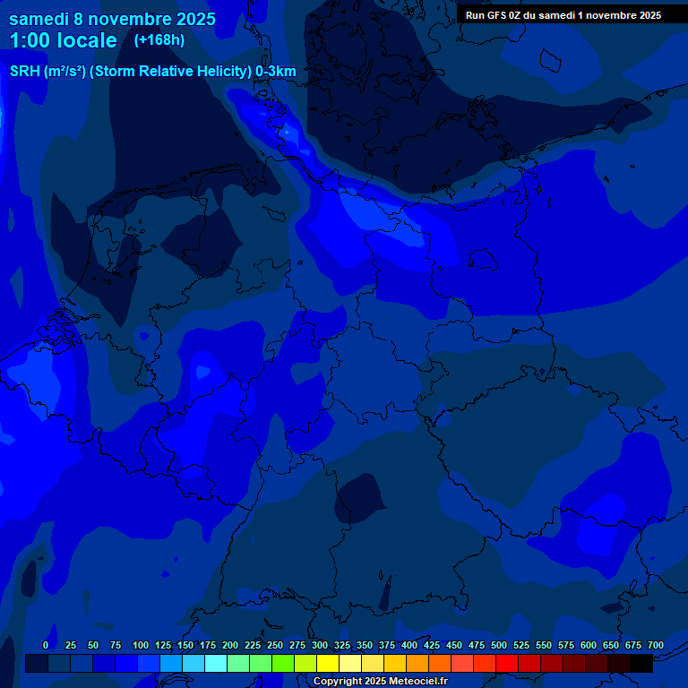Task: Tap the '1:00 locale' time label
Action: pyautogui.click(x=63, y=40)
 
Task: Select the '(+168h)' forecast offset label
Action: pyautogui.click(x=159, y=39)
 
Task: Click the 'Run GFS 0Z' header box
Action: pyautogui.click(x=563, y=15)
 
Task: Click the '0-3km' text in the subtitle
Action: pyautogui.click(x=276, y=72)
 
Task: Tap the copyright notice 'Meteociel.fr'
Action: pyautogui.click(x=380, y=682)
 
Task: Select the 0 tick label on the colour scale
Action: pyautogui.click(x=46, y=645)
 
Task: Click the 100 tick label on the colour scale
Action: pyautogui.click(x=140, y=645)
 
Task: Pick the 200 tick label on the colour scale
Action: pyautogui.click(x=230, y=645)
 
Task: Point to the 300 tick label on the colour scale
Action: pyautogui.click(x=320, y=645)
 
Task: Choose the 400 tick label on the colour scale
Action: pyautogui.click(x=409, y=645)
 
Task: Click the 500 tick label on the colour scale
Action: pyautogui.click(x=499, y=645)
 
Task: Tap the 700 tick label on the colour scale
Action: pyautogui.click(x=656, y=645)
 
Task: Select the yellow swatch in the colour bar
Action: pyautogui.click(x=328, y=664)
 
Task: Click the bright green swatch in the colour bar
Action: pyautogui.click(x=283, y=664)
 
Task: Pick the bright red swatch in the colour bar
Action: pyautogui.click(x=507, y=664)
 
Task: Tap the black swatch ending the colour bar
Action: pyautogui.click(x=641, y=664)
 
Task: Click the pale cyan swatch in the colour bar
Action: pyautogui.click(x=216, y=664)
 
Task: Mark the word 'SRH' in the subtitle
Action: pyautogui.click(x=25, y=72)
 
